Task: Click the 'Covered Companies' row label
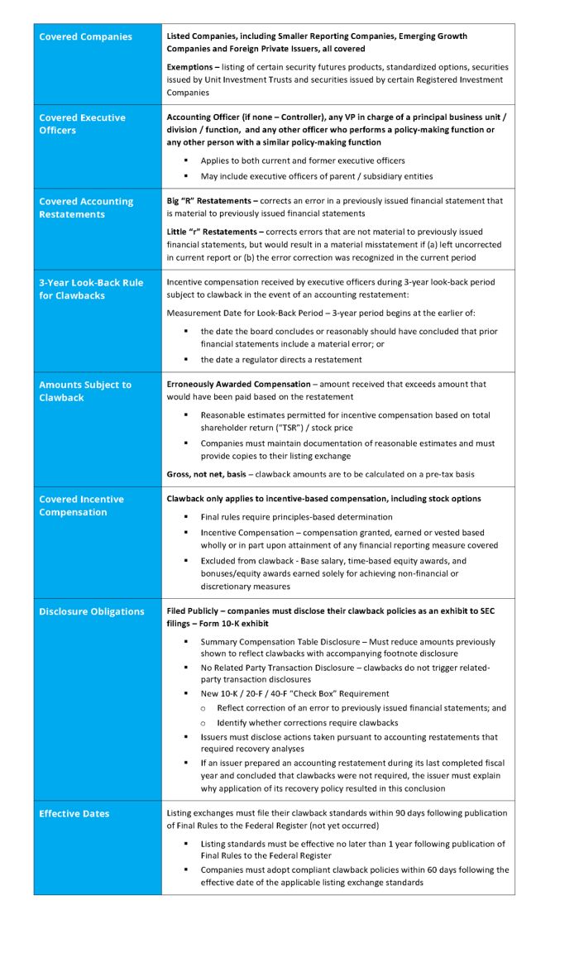[x=85, y=37]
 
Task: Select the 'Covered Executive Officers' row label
[x=82, y=124]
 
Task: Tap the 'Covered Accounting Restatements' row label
[x=85, y=208]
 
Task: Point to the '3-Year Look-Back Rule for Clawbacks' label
[x=90, y=289]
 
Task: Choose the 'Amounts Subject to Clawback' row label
[x=84, y=391]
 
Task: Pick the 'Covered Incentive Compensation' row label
[x=81, y=505]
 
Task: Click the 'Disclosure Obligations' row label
[x=91, y=612]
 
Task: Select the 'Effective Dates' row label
[x=74, y=814]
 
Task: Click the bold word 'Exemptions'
[x=193, y=67]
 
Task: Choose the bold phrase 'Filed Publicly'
[x=194, y=611]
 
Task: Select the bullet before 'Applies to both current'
[x=186, y=160]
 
